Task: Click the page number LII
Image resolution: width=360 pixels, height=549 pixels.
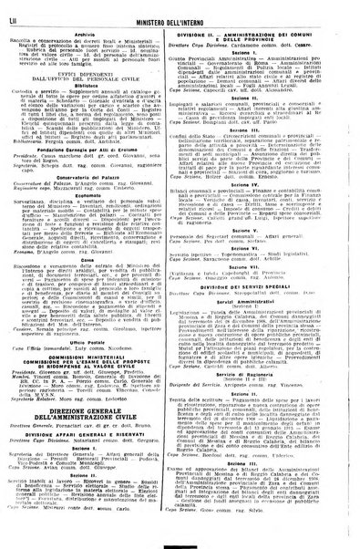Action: pos(14,12)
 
